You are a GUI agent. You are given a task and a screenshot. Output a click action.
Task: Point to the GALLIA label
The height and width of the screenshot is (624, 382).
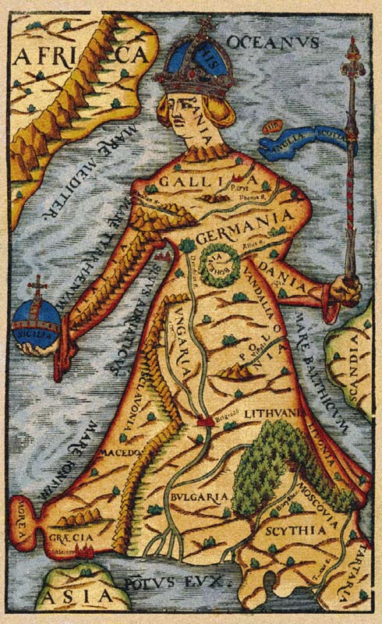tap(189, 182)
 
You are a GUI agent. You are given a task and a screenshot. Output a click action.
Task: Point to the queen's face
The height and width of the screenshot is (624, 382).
tap(184, 109)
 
